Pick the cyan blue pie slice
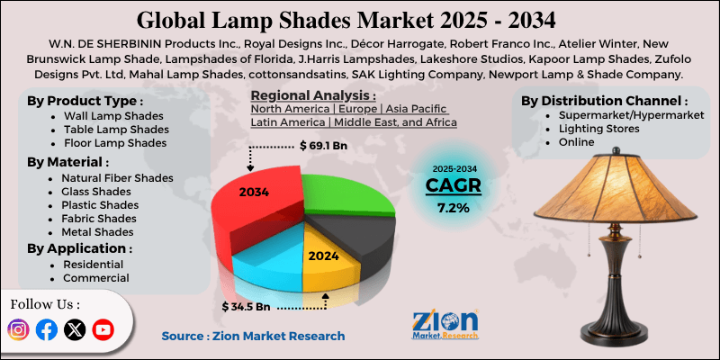(270, 261)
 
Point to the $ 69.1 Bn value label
(324, 145)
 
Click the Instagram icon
(18, 330)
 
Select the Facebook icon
(47, 330)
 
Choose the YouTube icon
(103, 330)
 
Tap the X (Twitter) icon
(75, 330)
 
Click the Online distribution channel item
(576, 142)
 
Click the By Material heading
(68, 162)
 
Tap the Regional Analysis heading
(312, 95)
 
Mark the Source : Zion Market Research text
(253, 336)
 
